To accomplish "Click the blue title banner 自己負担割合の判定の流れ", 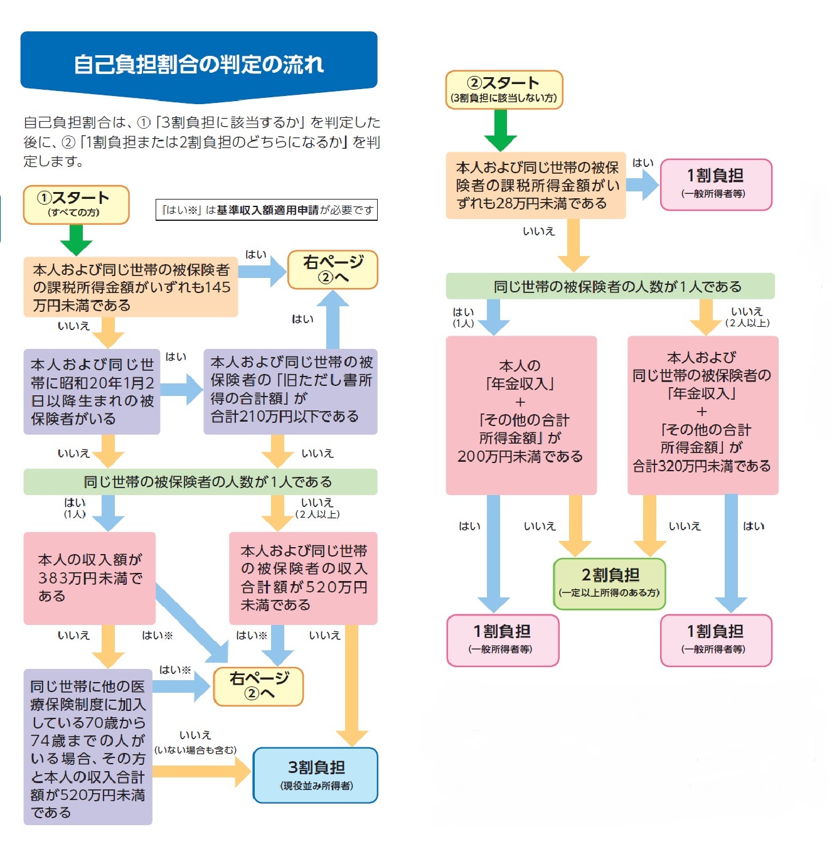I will pyautogui.click(x=199, y=64).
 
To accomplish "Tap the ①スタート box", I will pyautogui.click(x=76, y=205).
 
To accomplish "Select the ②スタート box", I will pyautogui.click(x=504, y=90).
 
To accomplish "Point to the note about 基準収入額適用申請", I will pyautogui.click(x=267, y=210).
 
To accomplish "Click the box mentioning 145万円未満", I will pyautogui.click(x=131, y=287).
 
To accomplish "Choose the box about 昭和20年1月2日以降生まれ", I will pyautogui.click(x=92, y=392).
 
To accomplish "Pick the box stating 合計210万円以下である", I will pyautogui.click(x=290, y=392).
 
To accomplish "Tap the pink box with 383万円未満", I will pyautogui.click(x=89, y=578).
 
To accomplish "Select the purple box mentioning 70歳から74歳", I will pyautogui.click(x=88, y=747).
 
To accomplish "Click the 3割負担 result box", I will pyautogui.click(x=316, y=775).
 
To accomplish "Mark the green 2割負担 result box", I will pyautogui.click(x=609, y=583).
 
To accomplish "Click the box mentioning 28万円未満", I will pyautogui.click(x=536, y=185).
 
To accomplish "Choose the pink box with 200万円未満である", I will pyautogui.click(x=521, y=415).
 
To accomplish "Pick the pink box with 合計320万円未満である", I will pyautogui.click(x=702, y=415).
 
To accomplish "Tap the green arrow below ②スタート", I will pyautogui.click(x=501, y=131).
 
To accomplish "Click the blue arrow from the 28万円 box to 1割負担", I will pyautogui.click(x=642, y=184).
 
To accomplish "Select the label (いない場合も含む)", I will pyautogui.click(x=195, y=750).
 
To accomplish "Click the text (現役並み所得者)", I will pyautogui.click(x=316, y=786).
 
